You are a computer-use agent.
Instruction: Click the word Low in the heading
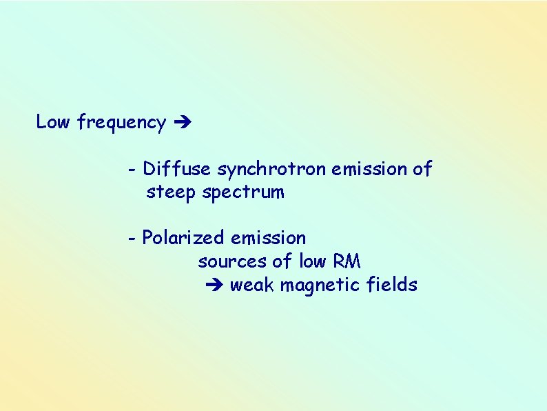coord(53,122)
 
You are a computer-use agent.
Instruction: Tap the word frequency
coord(121,123)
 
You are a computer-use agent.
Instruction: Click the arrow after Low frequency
coord(183,123)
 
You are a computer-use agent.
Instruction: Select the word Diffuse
coord(178,168)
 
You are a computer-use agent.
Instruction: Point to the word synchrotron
coord(272,169)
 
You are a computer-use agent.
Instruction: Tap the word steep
coord(171,192)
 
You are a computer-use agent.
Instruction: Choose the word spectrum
coord(243,193)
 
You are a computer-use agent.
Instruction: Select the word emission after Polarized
coord(269,238)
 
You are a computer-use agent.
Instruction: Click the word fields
coord(393,285)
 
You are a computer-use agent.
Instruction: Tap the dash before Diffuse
coord(132,169)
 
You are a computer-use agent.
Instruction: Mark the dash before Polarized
coord(132,239)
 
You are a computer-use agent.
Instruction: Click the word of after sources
coord(282,261)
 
